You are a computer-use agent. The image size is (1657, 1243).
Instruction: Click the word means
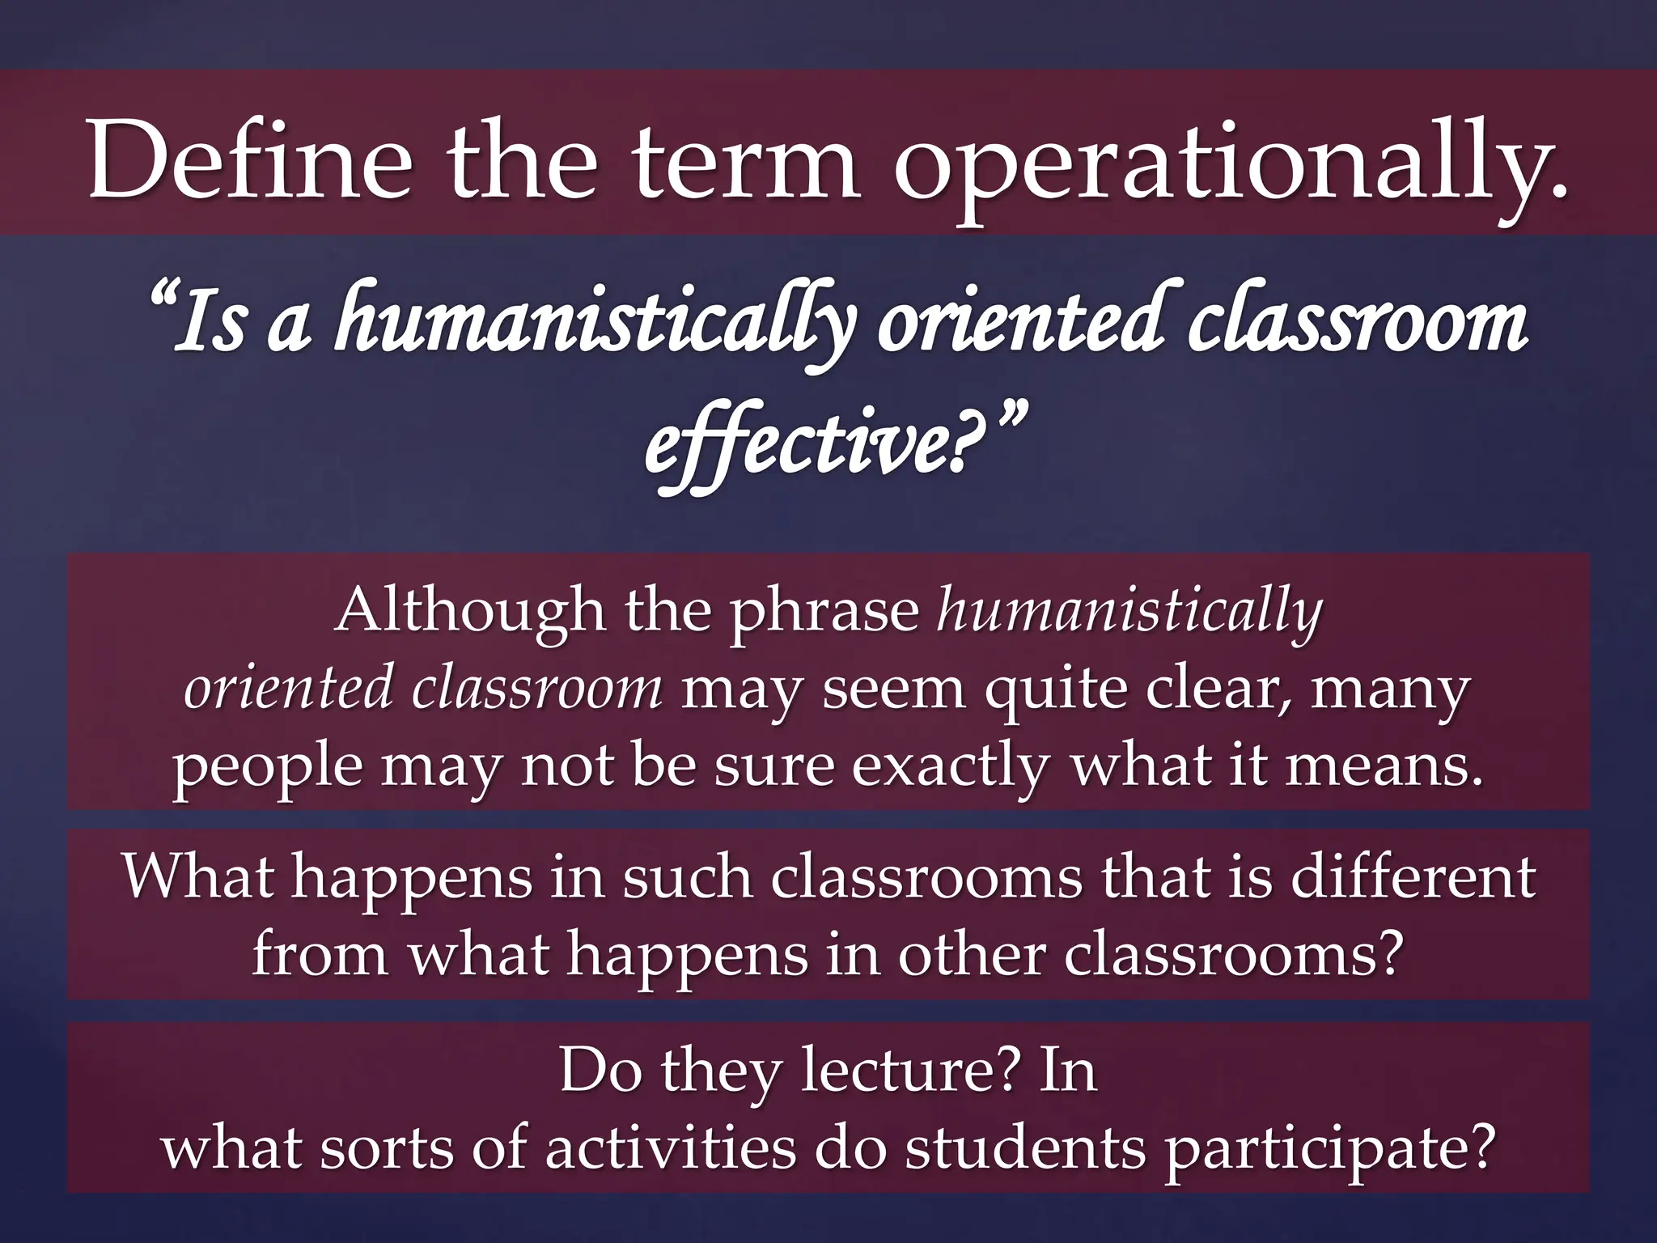(1384, 766)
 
